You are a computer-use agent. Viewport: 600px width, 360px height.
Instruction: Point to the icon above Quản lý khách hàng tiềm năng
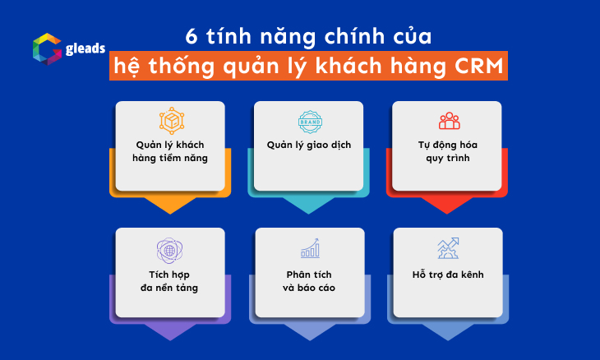(170, 120)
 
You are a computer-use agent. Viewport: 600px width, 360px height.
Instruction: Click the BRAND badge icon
(309, 121)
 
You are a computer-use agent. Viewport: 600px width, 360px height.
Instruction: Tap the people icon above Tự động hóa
(449, 121)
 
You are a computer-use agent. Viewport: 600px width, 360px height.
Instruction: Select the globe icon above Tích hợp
(170, 249)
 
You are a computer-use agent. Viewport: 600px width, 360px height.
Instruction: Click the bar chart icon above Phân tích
(309, 247)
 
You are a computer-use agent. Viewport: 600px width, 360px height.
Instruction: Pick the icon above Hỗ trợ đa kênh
(449, 247)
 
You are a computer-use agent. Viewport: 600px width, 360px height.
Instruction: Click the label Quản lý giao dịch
(309, 145)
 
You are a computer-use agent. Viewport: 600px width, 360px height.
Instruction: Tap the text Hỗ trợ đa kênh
(449, 274)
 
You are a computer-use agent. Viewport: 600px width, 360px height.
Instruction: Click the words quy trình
(449, 159)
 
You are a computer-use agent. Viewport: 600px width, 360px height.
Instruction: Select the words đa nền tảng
(170, 288)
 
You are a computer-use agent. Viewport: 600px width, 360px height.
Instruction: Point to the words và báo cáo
(309, 288)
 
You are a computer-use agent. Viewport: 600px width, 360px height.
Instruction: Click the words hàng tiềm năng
(170, 159)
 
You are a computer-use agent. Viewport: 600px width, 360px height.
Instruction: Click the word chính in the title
(353, 37)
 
